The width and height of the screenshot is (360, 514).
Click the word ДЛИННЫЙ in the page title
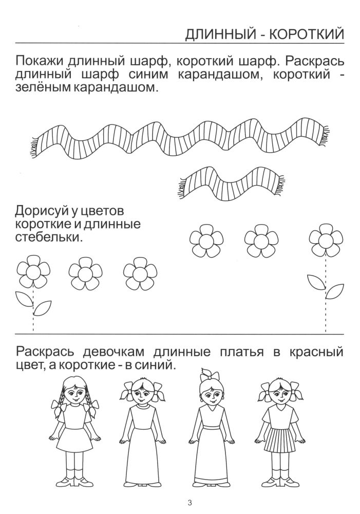[222, 34]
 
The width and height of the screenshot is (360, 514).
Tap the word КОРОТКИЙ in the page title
[307, 34]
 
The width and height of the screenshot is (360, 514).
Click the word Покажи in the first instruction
[40, 61]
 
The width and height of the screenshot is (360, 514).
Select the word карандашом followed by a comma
[218, 75]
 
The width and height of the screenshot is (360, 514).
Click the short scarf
[230, 183]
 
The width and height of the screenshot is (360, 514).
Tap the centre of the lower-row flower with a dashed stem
[33, 272]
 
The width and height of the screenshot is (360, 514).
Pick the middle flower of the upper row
[261, 240]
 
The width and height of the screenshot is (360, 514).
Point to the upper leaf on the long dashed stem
[316, 282]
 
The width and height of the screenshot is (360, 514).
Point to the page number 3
[190, 503]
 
